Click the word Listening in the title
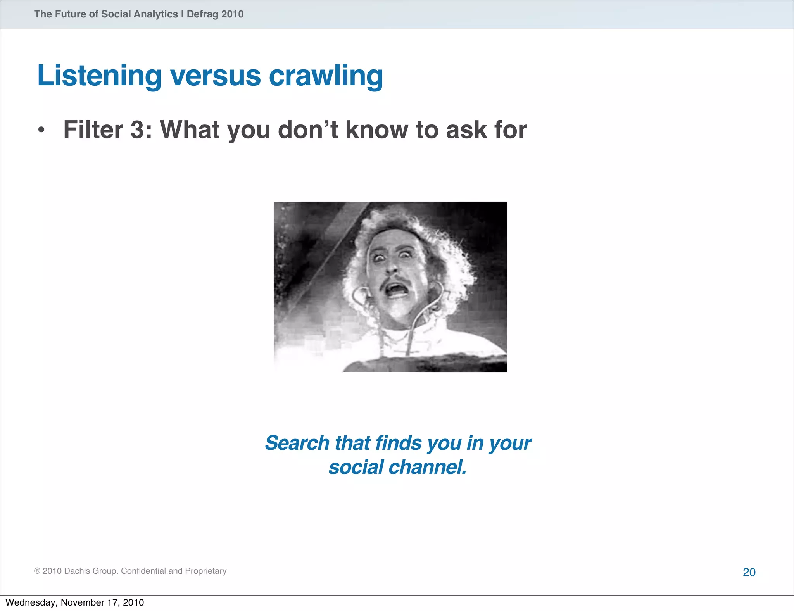(99, 76)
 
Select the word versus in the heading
(216, 76)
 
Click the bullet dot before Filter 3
(41, 130)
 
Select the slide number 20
(749, 572)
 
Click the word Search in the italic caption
(297, 443)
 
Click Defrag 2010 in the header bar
(215, 14)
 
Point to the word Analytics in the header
(155, 14)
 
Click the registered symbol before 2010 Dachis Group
(37, 571)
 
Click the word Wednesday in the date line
(31, 602)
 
